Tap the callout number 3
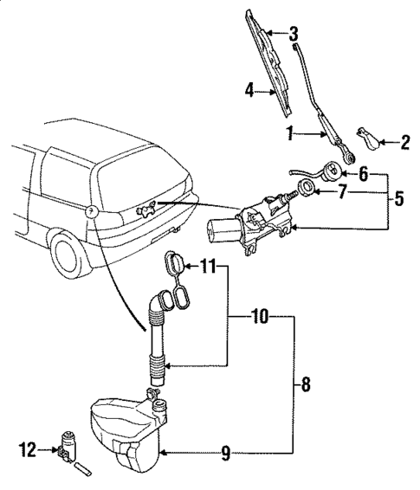(294, 35)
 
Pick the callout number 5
(399, 198)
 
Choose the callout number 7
(343, 191)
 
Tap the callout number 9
(225, 451)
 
